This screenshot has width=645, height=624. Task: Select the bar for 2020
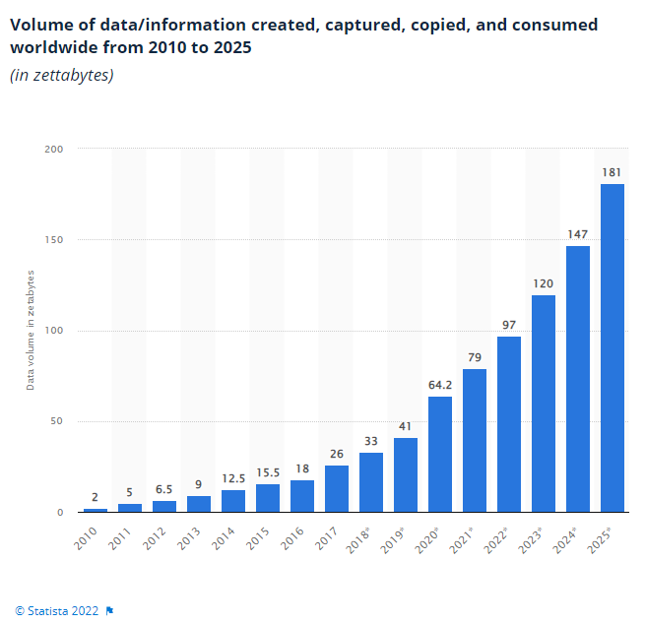coord(440,454)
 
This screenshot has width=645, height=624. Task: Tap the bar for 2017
coord(337,488)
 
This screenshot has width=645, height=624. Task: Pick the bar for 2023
coord(544,404)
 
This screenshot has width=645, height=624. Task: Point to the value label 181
coord(613,173)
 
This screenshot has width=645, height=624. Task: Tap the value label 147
coord(578,235)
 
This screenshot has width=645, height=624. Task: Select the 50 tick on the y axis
coord(57,422)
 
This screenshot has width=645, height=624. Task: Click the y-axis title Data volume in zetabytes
coord(31,329)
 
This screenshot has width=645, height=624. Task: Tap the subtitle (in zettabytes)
coord(61,76)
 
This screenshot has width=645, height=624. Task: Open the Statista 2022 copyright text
coord(56,610)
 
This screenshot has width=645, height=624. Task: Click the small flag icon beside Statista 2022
coord(109,610)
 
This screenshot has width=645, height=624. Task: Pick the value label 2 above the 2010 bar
coord(96,498)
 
